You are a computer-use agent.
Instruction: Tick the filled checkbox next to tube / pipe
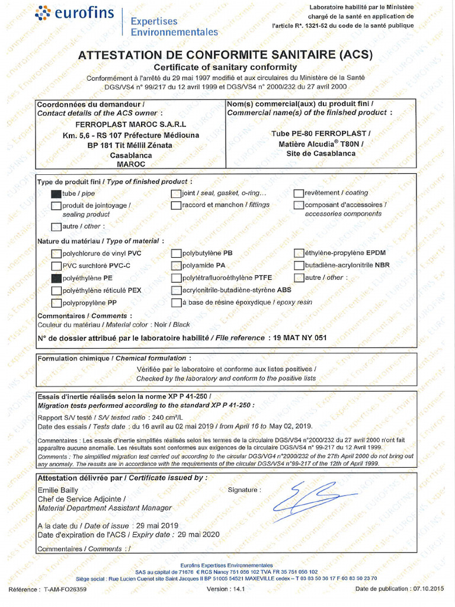tap(56, 194)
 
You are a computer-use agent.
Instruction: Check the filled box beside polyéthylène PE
tap(56, 278)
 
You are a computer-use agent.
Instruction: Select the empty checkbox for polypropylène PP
tap(56, 303)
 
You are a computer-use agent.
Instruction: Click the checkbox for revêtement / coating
tap(299, 193)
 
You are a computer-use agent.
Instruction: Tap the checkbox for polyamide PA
tap(177, 266)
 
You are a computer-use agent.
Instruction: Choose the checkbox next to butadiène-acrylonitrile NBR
tap(299, 266)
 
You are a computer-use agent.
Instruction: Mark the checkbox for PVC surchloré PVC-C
tap(56, 266)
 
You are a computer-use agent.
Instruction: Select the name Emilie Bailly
tap(57, 491)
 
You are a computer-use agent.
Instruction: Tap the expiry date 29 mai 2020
tap(198, 535)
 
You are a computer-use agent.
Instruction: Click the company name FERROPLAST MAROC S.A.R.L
tap(131, 124)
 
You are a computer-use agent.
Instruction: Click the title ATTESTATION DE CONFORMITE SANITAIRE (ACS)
tap(225, 55)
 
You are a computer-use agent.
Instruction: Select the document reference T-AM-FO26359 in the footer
tap(65, 589)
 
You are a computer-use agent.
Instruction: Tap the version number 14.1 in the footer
tap(239, 589)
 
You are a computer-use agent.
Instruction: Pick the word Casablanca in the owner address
tap(134, 155)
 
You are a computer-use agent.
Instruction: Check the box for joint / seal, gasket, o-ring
tap(177, 193)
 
